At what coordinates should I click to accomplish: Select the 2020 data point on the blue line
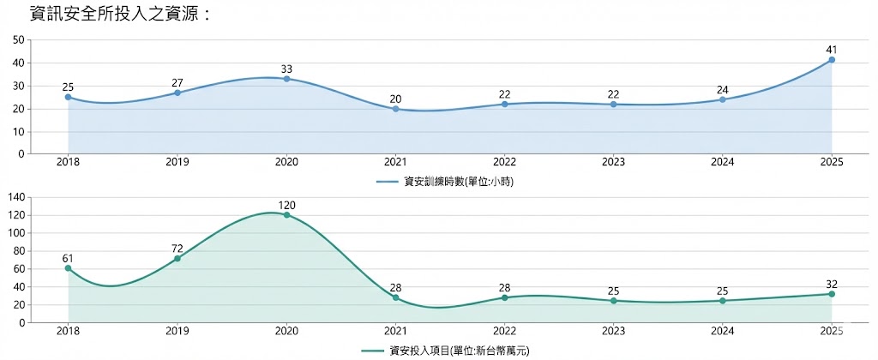(286, 79)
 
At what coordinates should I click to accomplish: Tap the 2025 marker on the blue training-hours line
(832, 60)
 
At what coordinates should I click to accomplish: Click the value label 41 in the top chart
(832, 49)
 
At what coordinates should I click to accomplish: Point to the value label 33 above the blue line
(286, 69)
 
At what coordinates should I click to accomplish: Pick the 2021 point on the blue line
(395, 109)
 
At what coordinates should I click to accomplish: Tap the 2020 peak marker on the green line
(286, 214)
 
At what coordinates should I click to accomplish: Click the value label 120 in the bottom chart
(286, 205)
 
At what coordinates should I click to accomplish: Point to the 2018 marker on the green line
(68, 268)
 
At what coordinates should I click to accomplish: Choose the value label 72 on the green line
(177, 248)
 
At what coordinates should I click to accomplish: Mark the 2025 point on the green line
(832, 294)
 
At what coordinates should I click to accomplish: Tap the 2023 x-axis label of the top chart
(613, 163)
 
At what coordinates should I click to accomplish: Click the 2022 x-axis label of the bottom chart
(504, 332)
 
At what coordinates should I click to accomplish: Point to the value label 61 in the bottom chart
(68, 258)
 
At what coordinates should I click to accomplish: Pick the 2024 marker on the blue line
(723, 99)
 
